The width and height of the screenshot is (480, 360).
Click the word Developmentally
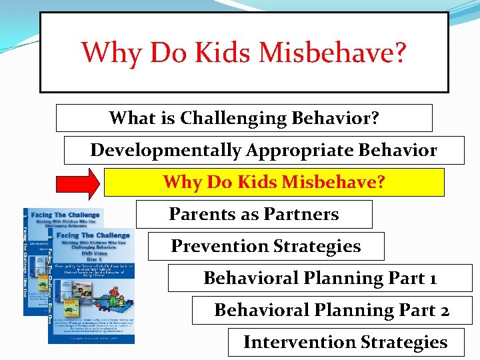[166, 150]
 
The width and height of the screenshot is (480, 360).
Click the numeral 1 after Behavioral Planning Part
[433, 278]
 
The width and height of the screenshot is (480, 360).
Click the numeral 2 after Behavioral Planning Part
[443, 310]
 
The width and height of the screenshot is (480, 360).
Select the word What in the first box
[131, 118]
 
